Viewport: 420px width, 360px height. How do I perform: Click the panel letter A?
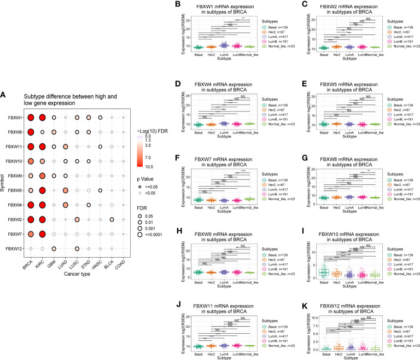(4, 95)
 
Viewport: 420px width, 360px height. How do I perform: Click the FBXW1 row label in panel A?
(14, 118)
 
